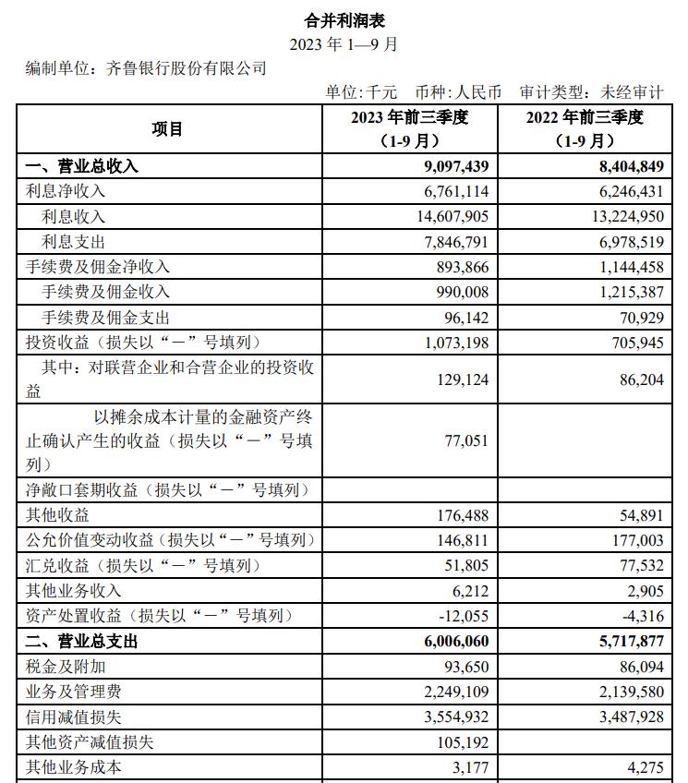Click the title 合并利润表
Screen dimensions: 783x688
pyautogui.click(x=344, y=19)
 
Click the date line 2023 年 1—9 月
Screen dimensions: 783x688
pyautogui.click(x=344, y=43)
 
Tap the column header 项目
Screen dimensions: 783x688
pyautogui.click(x=168, y=128)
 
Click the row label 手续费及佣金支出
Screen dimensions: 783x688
pyautogui.click(x=106, y=317)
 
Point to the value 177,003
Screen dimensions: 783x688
pyautogui.click(x=637, y=540)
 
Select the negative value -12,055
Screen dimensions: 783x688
pyautogui.click(x=459, y=616)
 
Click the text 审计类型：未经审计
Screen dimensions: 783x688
pyautogui.click(x=591, y=92)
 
